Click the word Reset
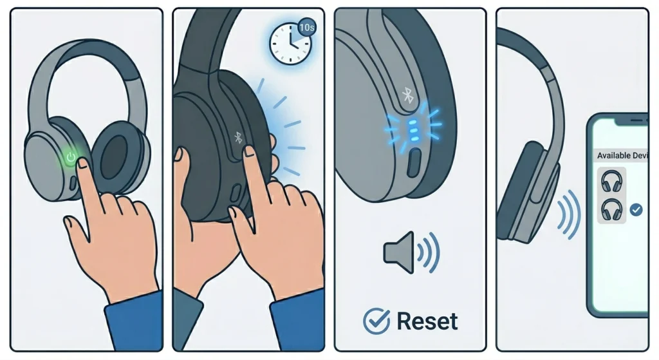pos(427,320)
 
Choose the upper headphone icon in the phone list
pos(611,182)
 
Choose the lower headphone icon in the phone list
pos(611,209)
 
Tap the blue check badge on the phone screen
pos(636,209)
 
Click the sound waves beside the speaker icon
pos(429,251)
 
